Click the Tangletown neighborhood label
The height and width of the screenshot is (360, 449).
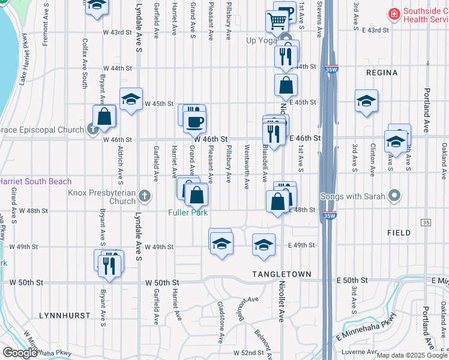(x=281, y=274)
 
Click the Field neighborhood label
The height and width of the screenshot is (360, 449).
(x=399, y=232)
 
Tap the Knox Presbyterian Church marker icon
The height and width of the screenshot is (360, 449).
(x=144, y=195)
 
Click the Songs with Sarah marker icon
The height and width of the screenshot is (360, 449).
(x=394, y=195)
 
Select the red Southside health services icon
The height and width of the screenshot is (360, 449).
(x=393, y=13)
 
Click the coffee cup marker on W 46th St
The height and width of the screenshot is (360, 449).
(x=194, y=122)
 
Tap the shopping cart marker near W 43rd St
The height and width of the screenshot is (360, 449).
(x=277, y=21)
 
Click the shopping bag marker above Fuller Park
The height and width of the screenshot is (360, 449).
(x=196, y=194)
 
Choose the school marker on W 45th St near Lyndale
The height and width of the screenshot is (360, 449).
(x=131, y=100)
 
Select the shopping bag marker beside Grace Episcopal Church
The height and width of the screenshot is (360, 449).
(x=104, y=116)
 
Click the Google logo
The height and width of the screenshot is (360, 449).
(x=20, y=353)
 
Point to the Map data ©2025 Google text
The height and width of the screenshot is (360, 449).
(x=411, y=355)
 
